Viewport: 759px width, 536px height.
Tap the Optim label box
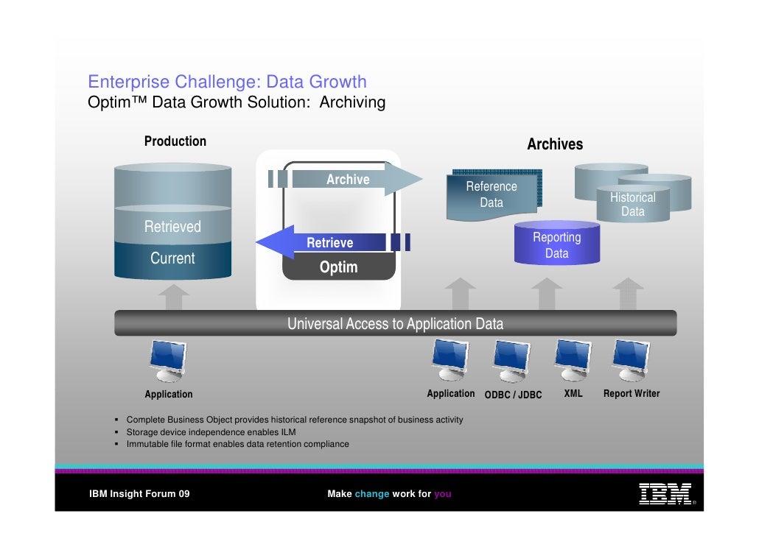coord(338,267)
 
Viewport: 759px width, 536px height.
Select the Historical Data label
coord(632,205)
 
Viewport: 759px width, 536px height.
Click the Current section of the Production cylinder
coord(172,258)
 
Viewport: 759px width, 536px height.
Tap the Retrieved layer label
coord(172,227)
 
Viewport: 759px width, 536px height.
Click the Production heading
coord(175,141)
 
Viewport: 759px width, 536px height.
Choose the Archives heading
coord(555,144)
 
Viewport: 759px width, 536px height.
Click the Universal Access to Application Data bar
coord(395,323)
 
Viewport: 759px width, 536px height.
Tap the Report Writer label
coord(632,394)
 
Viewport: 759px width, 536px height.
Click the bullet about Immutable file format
coord(237,444)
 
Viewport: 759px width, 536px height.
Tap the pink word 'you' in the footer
coord(442,494)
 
